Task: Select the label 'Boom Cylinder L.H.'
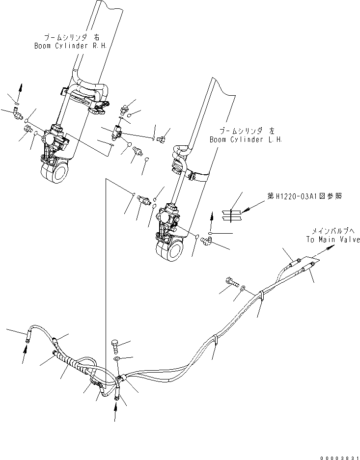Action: click(x=246, y=139)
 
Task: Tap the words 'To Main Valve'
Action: click(x=333, y=240)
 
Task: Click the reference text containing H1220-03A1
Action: click(x=305, y=196)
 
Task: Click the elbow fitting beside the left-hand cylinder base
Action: click(x=207, y=240)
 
